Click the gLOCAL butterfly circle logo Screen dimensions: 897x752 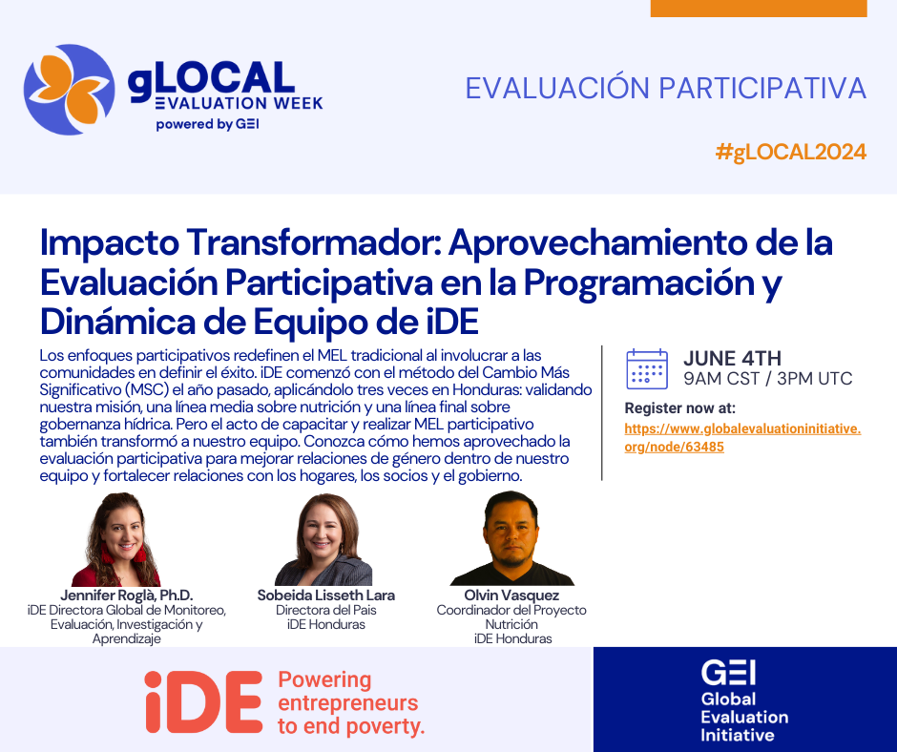click(70, 90)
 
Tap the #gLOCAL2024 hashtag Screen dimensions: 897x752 click(790, 153)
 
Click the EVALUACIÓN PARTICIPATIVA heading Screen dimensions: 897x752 click(666, 88)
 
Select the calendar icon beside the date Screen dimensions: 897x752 click(647, 369)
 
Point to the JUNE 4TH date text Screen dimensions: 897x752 click(732, 358)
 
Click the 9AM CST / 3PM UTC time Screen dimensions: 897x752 click(768, 378)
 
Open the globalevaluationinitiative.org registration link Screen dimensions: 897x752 click(742, 438)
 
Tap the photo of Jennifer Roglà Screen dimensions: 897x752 click(116, 539)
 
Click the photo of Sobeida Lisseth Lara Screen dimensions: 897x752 click(323, 540)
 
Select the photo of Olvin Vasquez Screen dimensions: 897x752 click(512, 538)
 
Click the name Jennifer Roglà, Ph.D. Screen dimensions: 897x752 click(126, 595)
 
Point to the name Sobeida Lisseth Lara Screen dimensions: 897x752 click(326, 595)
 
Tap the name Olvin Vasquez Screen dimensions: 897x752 click(511, 595)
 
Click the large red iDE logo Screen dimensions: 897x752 click(203, 701)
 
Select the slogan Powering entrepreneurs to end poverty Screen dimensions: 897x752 click(351, 702)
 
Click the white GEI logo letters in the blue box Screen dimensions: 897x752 click(728, 673)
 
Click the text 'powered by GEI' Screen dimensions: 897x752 click(208, 124)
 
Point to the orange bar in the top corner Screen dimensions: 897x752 click(759, 8)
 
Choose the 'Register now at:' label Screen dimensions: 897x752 click(680, 408)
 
